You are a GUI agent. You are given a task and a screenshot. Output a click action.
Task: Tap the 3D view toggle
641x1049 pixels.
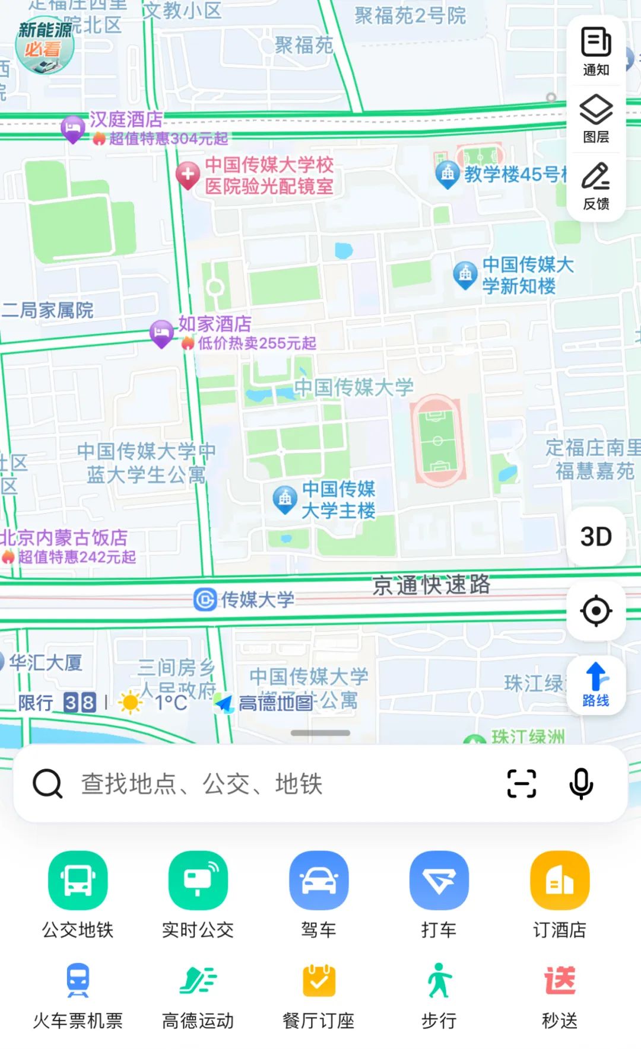pyautogui.click(x=596, y=537)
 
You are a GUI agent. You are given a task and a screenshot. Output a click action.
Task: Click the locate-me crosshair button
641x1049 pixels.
pyautogui.click(x=596, y=611)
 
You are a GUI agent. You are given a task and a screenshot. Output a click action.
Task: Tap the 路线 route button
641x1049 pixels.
pyautogui.click(x=596, y=685)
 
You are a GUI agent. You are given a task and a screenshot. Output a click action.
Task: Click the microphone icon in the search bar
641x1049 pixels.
pyautogui.click(x=581, y=784)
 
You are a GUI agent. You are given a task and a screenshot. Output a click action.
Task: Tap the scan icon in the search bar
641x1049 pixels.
pyautogui.click(x=522, y=784)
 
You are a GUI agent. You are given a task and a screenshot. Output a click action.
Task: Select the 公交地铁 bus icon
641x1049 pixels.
pyautogui.click(x=78, y=880)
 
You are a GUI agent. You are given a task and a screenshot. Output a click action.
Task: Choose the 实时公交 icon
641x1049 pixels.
pyautogui.click(x=198, y=880)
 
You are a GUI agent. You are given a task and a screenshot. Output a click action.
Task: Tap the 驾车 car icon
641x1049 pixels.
pyautogui.click(x=319, y=880)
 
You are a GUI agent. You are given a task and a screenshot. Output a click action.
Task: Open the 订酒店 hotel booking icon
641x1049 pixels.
pyautogui.click(x=559, y=880)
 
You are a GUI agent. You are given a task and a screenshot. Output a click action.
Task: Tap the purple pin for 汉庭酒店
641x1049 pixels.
pyautogui.click(x=73, y=128)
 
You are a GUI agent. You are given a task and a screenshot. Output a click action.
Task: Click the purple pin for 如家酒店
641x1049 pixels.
pyautogui.click(x=161, y=333)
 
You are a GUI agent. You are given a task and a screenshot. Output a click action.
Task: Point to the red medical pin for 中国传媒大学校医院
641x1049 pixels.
pyautogui.click(x=188, y=175)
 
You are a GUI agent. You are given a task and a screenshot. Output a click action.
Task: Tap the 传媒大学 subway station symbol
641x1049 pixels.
pyautogui.click(x=205, y=600)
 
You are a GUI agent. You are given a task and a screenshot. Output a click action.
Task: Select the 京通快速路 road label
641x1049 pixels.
pyautogui.click(x=431, y=585)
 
